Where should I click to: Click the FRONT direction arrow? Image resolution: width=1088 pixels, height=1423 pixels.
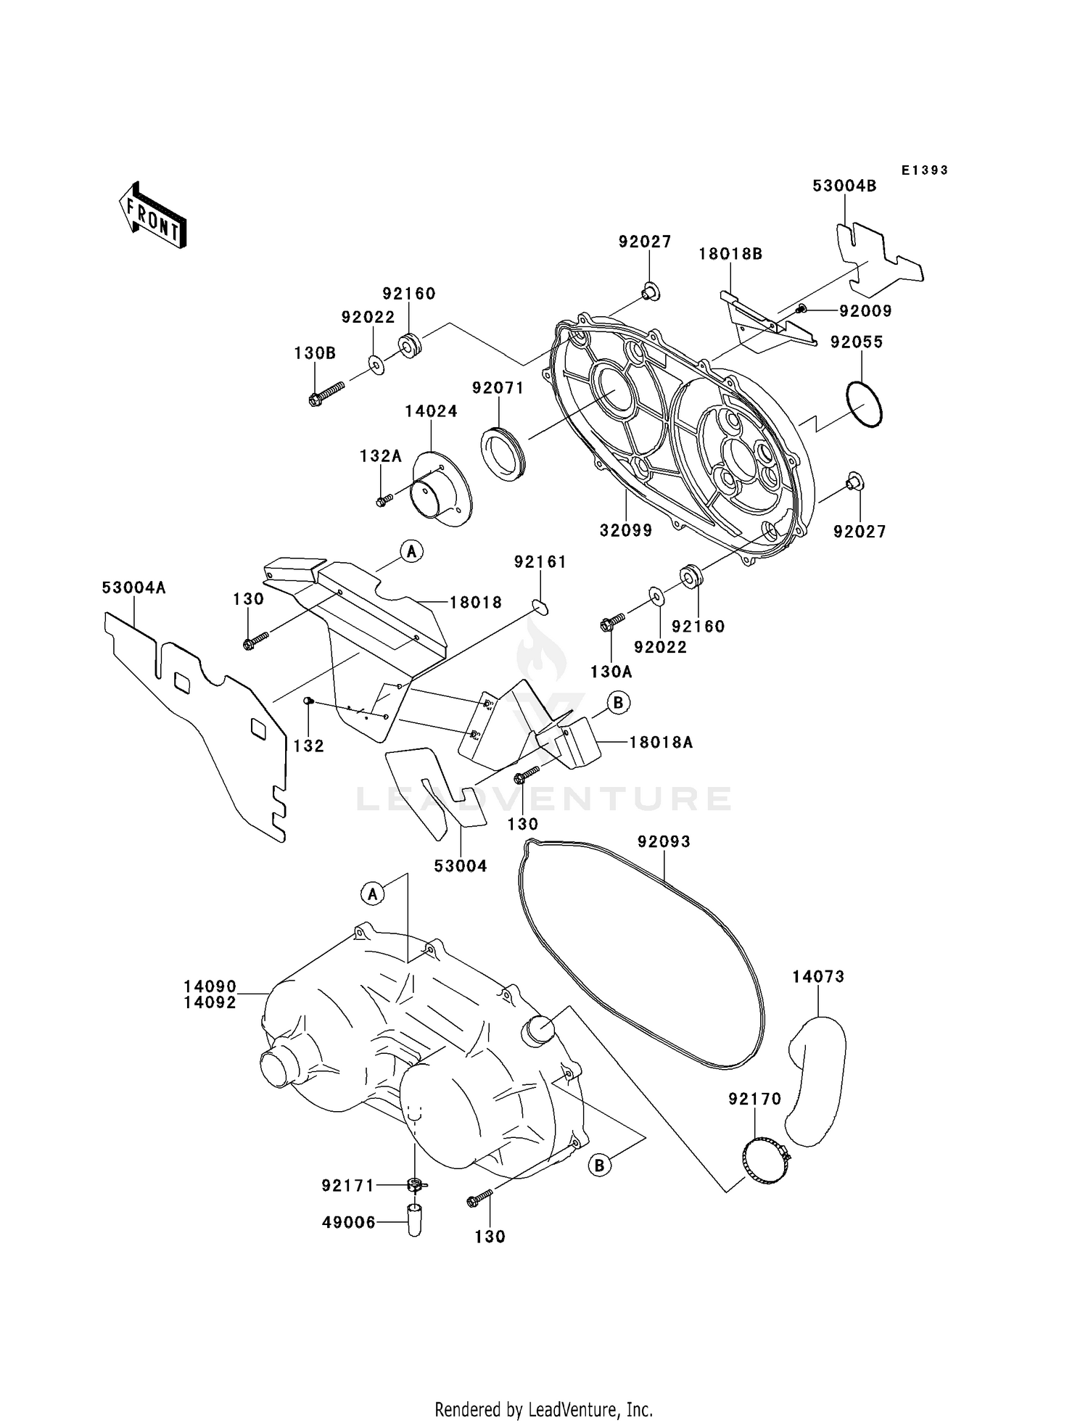[153, 215]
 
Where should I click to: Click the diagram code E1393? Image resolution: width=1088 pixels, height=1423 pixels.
[925, 170]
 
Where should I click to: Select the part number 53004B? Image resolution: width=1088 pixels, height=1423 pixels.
[844, 186]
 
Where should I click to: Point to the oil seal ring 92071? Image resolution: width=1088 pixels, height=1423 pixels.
[502, 454]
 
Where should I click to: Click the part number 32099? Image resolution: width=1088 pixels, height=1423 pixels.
[626, 531]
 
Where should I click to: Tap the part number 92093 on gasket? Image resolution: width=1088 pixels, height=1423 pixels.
[664, 842]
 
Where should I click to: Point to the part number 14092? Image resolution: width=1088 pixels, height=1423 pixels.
[210, 1003]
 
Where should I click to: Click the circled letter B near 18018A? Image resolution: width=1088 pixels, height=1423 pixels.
[618, 703]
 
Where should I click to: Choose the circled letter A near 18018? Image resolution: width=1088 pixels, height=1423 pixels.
[411, 552]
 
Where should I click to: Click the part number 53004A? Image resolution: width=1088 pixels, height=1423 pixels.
[133, 588]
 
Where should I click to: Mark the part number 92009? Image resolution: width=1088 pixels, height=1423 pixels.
[865, 311]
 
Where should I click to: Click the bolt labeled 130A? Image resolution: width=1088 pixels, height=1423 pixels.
[612, 621]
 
